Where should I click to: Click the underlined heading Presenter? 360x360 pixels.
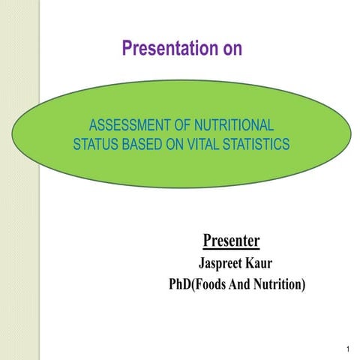click(231, 241)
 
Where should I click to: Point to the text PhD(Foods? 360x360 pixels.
click(201, 285)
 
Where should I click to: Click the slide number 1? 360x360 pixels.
click(349, 349)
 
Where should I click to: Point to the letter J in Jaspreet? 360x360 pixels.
click(201, 263)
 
